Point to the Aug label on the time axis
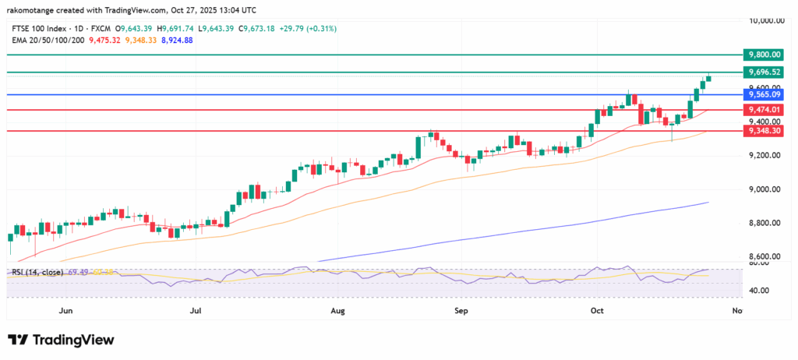pos(337,311)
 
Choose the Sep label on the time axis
pos(461,311)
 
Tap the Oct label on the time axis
pos(598,311)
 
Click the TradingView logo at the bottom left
pos(61,341)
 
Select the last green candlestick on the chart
pos(708,79)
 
